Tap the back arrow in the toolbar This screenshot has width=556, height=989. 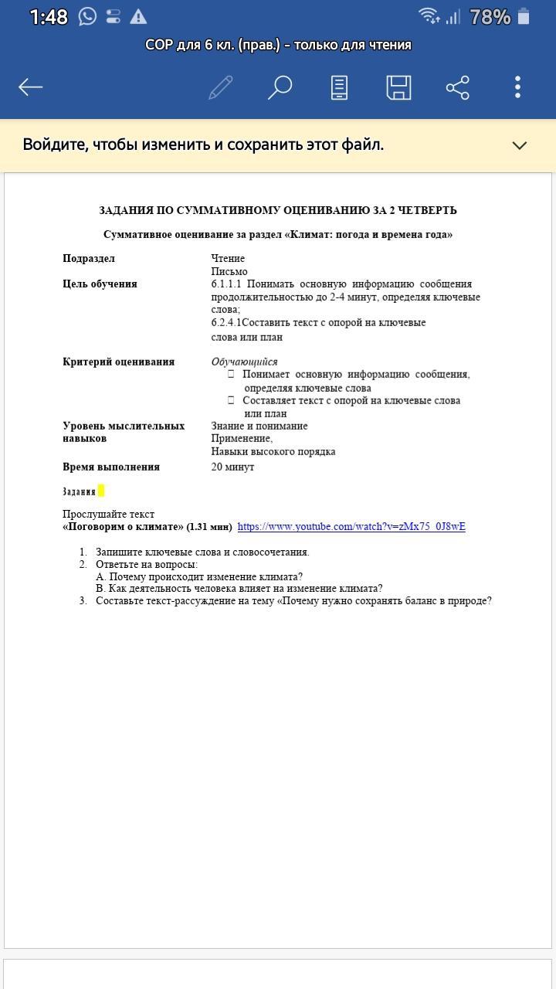coord(31,87)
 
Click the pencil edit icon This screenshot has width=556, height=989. coord(221,87)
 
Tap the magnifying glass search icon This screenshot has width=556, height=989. coord(280,87)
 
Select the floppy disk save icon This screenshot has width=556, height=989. coord(398,87)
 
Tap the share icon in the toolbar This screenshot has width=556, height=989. coord(458,87)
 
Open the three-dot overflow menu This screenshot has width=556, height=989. coord(517,87)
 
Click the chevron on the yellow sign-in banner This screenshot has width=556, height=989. coord(520,145)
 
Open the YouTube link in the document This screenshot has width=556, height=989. coord(351,527)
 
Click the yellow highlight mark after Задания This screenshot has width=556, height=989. coord(101,491)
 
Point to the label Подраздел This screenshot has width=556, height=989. coord(89,259)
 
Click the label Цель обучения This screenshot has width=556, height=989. coord(100,284)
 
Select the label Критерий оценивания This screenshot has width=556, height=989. coord(118,362)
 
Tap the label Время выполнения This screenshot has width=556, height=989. coord(111,467)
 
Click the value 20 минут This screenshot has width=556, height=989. coord(232,467)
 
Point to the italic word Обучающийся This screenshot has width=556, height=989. coord(244,362)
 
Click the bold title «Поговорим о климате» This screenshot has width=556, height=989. coord(123,527)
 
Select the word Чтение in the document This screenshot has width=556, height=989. coord(228,259)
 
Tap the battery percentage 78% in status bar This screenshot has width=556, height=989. coord(490,17)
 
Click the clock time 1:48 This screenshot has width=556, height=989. coord(49,17)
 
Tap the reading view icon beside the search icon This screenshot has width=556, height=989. coord(339,87)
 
